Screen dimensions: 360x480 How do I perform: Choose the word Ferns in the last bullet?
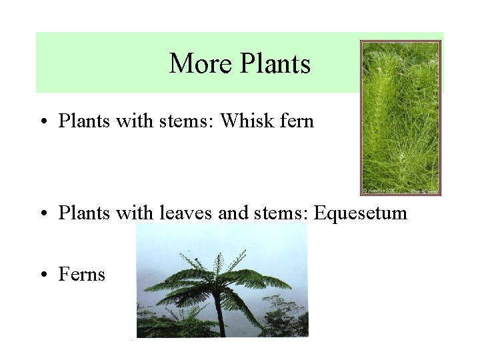tap(82, 274)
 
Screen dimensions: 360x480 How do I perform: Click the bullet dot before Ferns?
tap(43, 275)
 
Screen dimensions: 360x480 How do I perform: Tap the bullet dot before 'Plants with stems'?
tap(43, 122)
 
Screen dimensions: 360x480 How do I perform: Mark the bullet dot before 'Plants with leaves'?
tap(43, 213)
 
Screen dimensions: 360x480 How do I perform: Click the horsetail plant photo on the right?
tap(400, 117)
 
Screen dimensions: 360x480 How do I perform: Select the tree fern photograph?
tap(221, 281)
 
